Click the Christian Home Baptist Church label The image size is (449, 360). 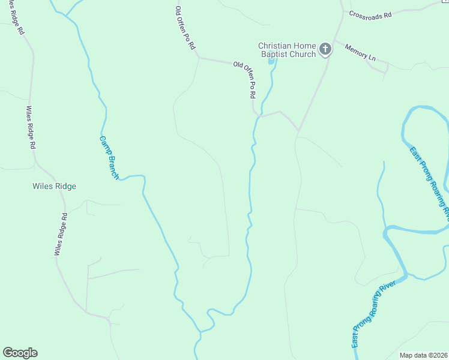pos(287,50)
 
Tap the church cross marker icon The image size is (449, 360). pos(325,49)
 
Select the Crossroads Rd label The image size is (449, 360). pos(370,14)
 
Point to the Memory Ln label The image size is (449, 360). pos(360,52)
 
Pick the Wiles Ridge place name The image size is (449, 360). pos(54,186)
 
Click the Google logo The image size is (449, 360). pos(20,353)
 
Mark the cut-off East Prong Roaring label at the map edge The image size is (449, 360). pos(430,180)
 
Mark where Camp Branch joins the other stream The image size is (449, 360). pos(199,332)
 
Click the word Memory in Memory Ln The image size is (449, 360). pos(357,50)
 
